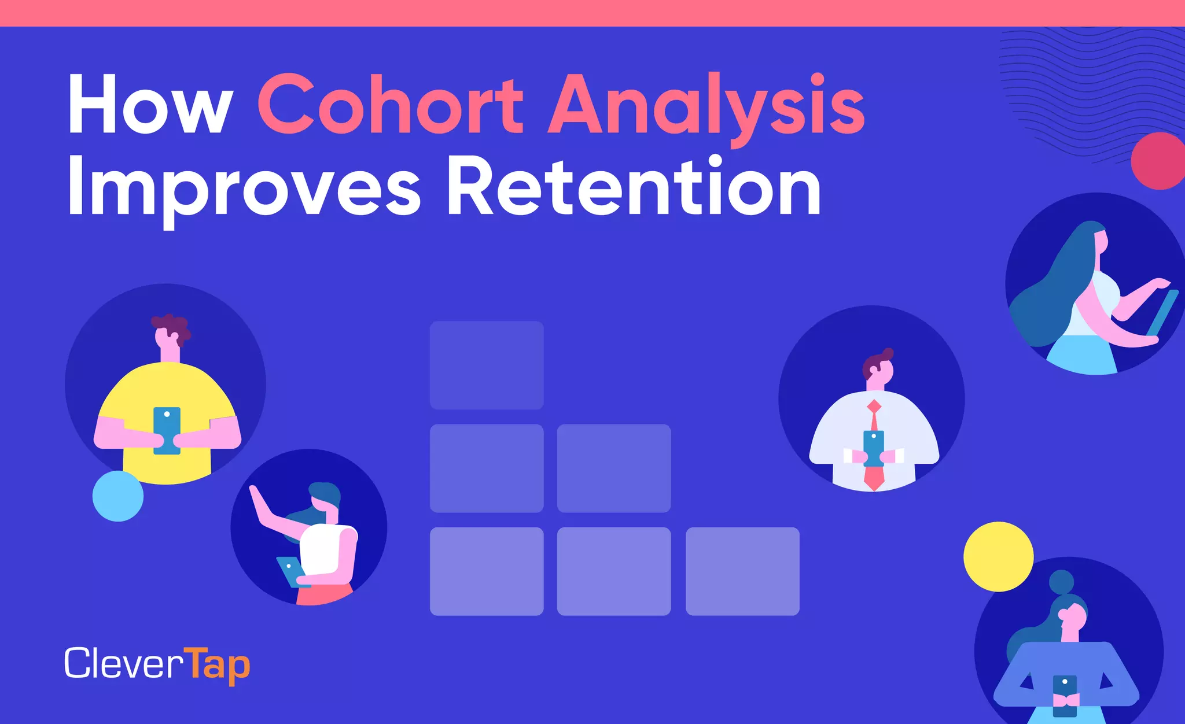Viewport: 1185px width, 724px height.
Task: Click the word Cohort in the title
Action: (391, 104)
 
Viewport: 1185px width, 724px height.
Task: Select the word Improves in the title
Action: (243, 188)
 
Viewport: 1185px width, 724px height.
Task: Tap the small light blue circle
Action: (118, 496)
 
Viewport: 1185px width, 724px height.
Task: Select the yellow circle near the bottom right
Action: (998, 556)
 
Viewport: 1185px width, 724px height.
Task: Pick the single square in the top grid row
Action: (487, 365)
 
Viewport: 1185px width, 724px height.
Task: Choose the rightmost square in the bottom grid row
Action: (742, 571)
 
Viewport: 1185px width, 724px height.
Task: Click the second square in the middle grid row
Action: (614, 468)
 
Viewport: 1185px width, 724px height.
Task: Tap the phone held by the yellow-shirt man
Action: (167, 430)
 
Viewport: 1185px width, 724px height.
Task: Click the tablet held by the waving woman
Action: (289, 570)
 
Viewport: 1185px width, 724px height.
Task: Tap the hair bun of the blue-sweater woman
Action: (1061, 582)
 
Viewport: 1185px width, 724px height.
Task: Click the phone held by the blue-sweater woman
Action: (1065, 694)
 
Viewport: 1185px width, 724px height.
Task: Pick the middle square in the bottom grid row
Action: (614, 571)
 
